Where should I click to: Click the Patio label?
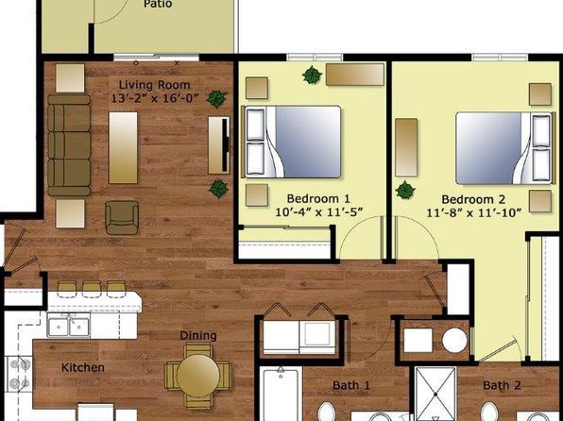(x=158, y=4)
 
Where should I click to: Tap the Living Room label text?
(x=154, y=85)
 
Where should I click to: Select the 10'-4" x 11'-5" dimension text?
(x=319, y=212)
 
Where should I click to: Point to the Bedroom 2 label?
(x=473, y=199)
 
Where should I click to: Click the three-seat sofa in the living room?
(x=69, y=145)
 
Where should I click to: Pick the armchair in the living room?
(x=122, y=217)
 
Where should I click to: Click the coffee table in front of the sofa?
(x=123, y=147)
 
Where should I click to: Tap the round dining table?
(x=197, y=376)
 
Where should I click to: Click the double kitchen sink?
(x=68, y=326)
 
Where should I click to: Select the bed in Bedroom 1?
(x=291, y=142)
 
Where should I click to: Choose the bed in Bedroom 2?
(x=505, y=148)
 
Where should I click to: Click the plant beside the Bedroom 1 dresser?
(x=312, y=76)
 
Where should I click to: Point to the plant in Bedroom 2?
(x=405, y=190)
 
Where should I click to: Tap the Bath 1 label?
(x=350, y=385)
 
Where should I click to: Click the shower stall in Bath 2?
(x=435, y=394)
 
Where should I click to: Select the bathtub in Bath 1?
(x=281, y=394)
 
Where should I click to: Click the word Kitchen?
(x=83, y=367)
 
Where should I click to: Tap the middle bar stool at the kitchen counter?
(x=92, y=289)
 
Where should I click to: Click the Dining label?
(x=198, y=336)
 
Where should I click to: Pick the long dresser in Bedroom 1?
(x=355, y=75)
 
